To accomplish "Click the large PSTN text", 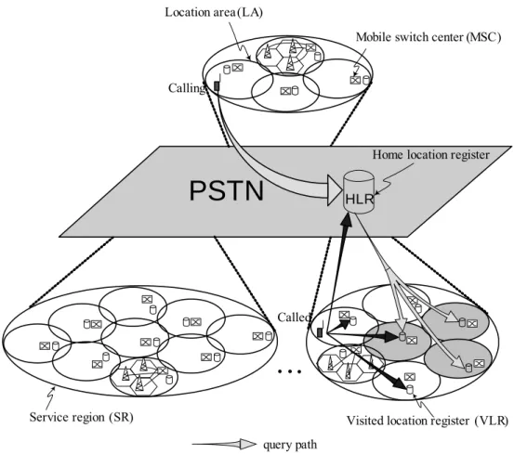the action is point(227,191).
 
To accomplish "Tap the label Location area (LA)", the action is point(214,12).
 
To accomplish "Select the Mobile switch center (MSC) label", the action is point(428,37).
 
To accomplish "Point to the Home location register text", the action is point(430,154).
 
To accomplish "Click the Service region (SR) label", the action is point(81,417).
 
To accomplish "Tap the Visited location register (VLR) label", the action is point(428,421).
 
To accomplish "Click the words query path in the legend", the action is point(290,445).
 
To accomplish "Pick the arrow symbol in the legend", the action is point(224,444).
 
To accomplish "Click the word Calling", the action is point(187,88).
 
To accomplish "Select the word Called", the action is point(294,317).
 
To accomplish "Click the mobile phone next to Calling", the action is point(217,84).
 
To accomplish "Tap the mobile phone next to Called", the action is point(320,331).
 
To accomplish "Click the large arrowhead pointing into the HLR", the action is point(335,190).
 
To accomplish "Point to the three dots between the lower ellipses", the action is point(289,371).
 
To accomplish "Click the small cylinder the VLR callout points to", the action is point(409,390).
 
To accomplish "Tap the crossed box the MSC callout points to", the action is point(355,80).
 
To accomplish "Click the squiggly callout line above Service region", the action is point(50,396).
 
